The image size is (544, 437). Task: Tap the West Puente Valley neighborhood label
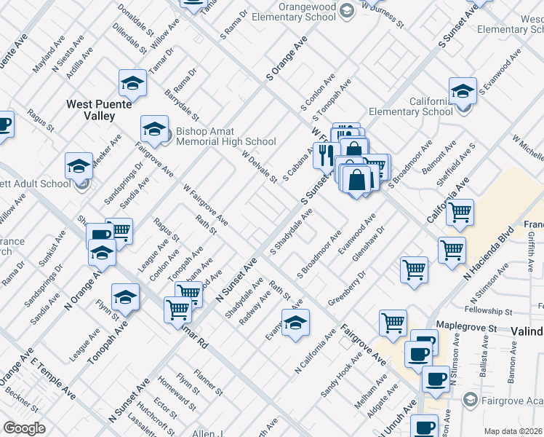pyautogui.click(x=99, y=110)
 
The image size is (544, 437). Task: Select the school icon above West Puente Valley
pyautogui.click(x=132, y=84)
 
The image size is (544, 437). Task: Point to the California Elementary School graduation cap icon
pyautogui.click(x=463, y=92)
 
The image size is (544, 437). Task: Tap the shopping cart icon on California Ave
pyautogui.click(x=460, y=213)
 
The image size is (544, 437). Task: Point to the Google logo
pyautogui.click(x=24, y=428)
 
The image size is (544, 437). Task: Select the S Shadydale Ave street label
pyautogui.click(x=292, y=232)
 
